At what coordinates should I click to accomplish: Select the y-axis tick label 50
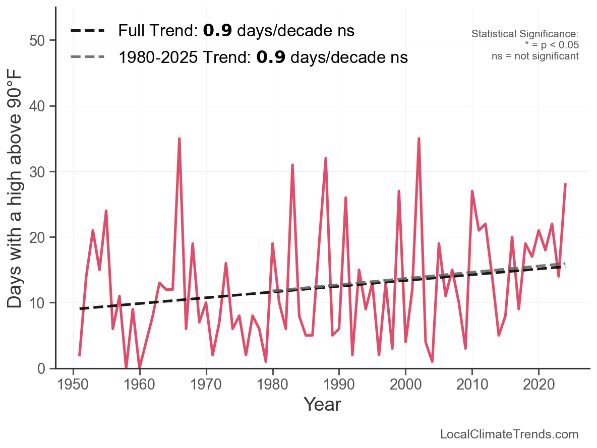pos(39,40)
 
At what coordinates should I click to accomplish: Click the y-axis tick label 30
pos(39,172)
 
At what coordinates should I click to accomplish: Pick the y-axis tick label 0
pos(44,368)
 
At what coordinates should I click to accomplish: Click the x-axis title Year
pos(322,404)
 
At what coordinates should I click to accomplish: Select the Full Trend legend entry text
pos(236,31)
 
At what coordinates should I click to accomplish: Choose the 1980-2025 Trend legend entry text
pos(262,57)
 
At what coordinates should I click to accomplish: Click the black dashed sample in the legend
pos(88,31)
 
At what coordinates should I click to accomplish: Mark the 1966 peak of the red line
pos(180,139)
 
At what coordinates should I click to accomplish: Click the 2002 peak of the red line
pos(419,139)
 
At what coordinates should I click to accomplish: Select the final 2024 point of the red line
pos(565,184)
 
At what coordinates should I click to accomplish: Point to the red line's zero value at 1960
pos(140,368)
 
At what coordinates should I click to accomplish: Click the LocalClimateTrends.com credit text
pos(509,434)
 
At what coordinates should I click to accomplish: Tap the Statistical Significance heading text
pos(525,34)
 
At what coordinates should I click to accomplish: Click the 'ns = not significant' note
pos(535,56)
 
